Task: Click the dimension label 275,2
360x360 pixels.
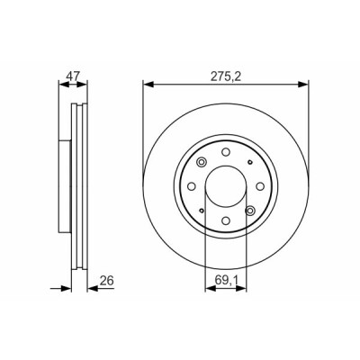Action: (x=226, y=76)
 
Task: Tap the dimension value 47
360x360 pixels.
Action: (x=73, y=76)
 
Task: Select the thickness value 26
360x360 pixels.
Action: (x=107, y=281)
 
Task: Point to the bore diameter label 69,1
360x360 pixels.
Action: (x=226, y=281)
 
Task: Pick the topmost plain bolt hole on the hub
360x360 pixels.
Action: (x=226, y=152)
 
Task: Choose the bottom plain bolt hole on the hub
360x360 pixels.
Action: (x=226, y=220)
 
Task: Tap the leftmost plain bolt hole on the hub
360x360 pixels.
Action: (x=192, y=186)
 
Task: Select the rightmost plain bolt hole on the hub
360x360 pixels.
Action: (x=260, y=186)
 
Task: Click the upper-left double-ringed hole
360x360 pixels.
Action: (x=202, y=162)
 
